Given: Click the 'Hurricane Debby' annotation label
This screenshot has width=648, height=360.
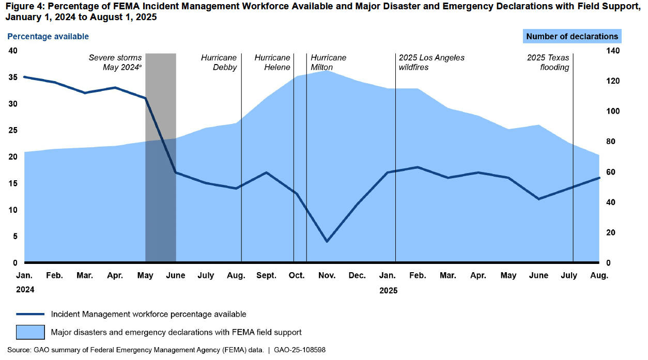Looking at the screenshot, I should (219, 62).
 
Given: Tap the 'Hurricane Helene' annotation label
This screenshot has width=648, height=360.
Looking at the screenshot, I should (272, 62).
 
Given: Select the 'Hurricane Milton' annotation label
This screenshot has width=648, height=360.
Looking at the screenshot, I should (328, 62).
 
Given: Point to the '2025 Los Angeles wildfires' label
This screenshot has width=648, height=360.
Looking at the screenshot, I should (431, 62).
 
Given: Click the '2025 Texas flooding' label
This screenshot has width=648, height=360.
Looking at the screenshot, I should (548, 62).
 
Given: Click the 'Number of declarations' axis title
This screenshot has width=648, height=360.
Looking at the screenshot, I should (572, 36).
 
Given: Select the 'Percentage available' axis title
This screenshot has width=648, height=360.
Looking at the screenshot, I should (48, 36).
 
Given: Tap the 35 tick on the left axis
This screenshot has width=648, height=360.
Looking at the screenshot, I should (12, 77).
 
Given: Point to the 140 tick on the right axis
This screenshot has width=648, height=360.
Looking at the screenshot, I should (612, 51).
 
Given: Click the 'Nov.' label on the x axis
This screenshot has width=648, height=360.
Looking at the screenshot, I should (327, 275).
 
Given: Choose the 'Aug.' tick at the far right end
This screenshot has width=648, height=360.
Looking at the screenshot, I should (599, 275).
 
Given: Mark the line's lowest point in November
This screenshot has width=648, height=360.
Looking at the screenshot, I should (327, 241).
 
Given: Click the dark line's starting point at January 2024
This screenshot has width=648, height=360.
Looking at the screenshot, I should (24, 77).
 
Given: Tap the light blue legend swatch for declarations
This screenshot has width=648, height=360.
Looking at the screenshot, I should (30, 332).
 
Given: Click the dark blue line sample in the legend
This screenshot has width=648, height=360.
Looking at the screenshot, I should (30, 314).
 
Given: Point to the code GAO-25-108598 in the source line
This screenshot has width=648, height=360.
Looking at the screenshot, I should (298, 350).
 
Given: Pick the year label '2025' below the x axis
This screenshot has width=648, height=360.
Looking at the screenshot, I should (388, 290).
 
